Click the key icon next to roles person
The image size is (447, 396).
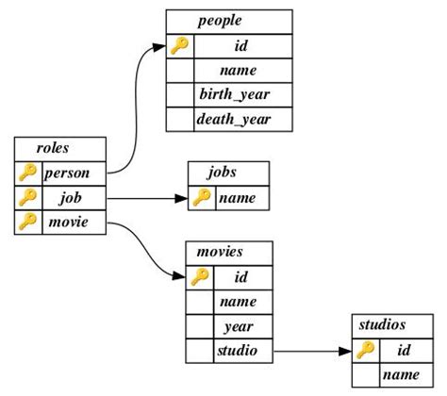pos(28,173)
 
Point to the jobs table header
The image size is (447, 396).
pos(228,173)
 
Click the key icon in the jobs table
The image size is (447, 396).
pos(202,198)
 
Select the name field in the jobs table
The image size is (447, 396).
pos(242,198)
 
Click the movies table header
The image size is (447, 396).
pos(229,253)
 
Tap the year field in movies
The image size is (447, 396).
pos(242,326)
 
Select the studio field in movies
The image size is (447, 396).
pos(242,352)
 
